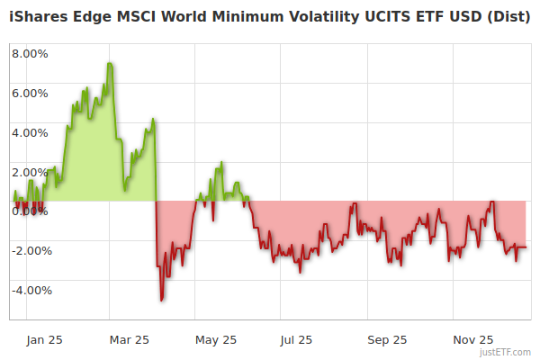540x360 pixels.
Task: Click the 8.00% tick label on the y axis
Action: point(30,53)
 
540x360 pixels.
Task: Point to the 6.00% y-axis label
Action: point(30,93)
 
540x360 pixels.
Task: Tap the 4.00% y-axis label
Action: point(30,132)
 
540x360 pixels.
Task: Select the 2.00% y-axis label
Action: point(30,172)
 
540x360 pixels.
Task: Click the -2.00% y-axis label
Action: point(28,250)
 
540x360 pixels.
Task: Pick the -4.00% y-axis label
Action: point(28,290)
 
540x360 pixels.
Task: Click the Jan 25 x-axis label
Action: point(44,339)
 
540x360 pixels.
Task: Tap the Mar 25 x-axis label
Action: point(129,339)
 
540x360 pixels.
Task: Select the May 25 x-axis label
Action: point(216,339)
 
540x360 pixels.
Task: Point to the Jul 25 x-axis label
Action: point(296,339)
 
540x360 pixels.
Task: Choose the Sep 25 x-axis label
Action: point(387,339)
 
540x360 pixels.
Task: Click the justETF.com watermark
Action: point(508,352)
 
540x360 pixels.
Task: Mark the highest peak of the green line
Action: point(109,63)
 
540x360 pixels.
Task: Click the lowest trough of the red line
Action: point(162,300)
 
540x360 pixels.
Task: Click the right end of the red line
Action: point(526,247)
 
